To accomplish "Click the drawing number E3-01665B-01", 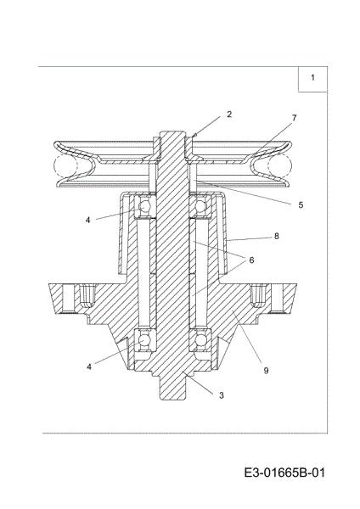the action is click(x=284, y=473).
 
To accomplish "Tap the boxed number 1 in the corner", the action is click(x=312, y=77).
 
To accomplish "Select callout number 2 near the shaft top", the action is click(x=229, y=115).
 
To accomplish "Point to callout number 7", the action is click(x=294, y=118).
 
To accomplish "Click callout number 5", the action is click(x=301, y=204).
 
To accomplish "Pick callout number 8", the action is click(x=277, y=236).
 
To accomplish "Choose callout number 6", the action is click(x=251, y=260).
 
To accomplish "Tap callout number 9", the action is click(x=266, y=371).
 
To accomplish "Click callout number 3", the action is click(x=222, y=395).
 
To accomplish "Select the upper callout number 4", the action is click(x=88, y=220).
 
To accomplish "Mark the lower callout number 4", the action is click(x=88, y=366).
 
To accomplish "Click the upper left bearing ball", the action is click(x=144, y=206).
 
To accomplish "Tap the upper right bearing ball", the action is click(x=200, y=206).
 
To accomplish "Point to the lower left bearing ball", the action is click(x=144, y=340).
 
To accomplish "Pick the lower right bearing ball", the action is click(x=200, y=340).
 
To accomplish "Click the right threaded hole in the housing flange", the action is click(x=259, y=296).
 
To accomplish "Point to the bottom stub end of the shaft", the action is click(x=172, y=388).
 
